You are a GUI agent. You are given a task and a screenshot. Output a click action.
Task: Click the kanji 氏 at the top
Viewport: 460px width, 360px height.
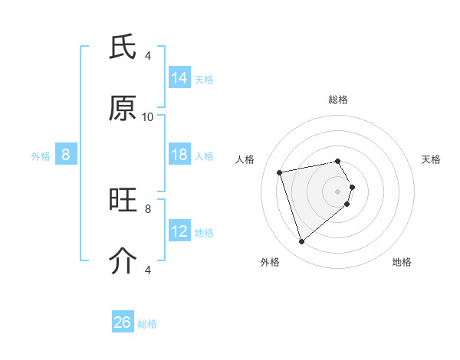pos(123,47)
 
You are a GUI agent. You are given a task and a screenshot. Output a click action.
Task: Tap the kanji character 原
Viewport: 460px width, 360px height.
pos(123,109)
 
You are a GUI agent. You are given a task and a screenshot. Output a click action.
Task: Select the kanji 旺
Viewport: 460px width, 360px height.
pos(123,201)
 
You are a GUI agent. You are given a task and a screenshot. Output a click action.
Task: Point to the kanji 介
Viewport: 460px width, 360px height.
pos(123,261)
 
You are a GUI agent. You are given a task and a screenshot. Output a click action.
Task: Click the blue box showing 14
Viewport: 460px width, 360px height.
pos(179,78)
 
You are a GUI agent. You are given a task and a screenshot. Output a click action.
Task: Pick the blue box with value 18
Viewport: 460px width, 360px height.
pos(179,155)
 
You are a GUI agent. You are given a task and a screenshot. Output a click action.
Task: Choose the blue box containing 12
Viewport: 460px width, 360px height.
pos(179,231)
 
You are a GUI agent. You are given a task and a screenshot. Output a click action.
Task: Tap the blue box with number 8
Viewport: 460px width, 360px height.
pos(66,155)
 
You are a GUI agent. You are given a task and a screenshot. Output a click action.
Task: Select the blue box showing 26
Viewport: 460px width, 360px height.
pos(123,322)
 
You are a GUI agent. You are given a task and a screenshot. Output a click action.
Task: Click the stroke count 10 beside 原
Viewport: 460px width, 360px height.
pos(148,116)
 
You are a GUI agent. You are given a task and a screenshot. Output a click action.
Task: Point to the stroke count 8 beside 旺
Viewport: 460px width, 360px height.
pos(148,208)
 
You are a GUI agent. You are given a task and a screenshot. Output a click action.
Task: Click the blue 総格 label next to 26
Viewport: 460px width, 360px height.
pos(147,324)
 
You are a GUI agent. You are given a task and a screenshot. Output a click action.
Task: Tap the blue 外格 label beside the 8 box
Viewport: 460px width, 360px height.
pos(41,156)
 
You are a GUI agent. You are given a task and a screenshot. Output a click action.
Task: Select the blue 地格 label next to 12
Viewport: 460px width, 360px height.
pos(204,233)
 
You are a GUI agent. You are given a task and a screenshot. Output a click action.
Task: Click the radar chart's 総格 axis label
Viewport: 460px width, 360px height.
pos(338,100)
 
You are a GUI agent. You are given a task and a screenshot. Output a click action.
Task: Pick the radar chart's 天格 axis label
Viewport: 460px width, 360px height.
pos(431,159)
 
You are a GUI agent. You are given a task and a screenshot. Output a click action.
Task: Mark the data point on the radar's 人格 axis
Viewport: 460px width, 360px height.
pos(280,172)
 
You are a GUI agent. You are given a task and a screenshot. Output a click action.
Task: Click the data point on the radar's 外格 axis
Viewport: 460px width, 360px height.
pos(302,242)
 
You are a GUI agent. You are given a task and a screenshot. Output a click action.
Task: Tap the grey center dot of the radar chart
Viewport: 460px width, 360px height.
pos(338,191)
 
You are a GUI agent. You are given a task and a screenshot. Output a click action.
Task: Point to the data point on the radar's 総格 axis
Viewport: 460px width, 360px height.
pos(338,162)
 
